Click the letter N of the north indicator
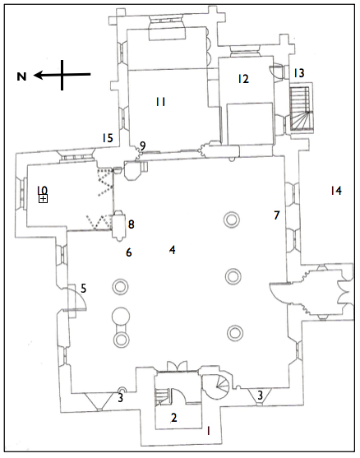(x=22, y=76)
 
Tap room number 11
(x=161, y=101)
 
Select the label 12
(x=242, y=79)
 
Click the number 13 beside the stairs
(x=299, y=73)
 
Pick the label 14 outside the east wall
(x=335, y=191)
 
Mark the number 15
(x=107, y=138)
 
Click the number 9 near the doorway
(x=142, y=146)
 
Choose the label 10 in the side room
(x=42, y=190)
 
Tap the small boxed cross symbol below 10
(x=43, y=199)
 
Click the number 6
(x=128, y=252)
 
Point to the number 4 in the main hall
(x=172, y=249)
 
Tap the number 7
(x=277, y=215)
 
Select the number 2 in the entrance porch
(x=173, y=418)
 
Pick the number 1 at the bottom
(x=208, y=430)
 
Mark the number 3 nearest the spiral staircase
(x=261, y=396)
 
